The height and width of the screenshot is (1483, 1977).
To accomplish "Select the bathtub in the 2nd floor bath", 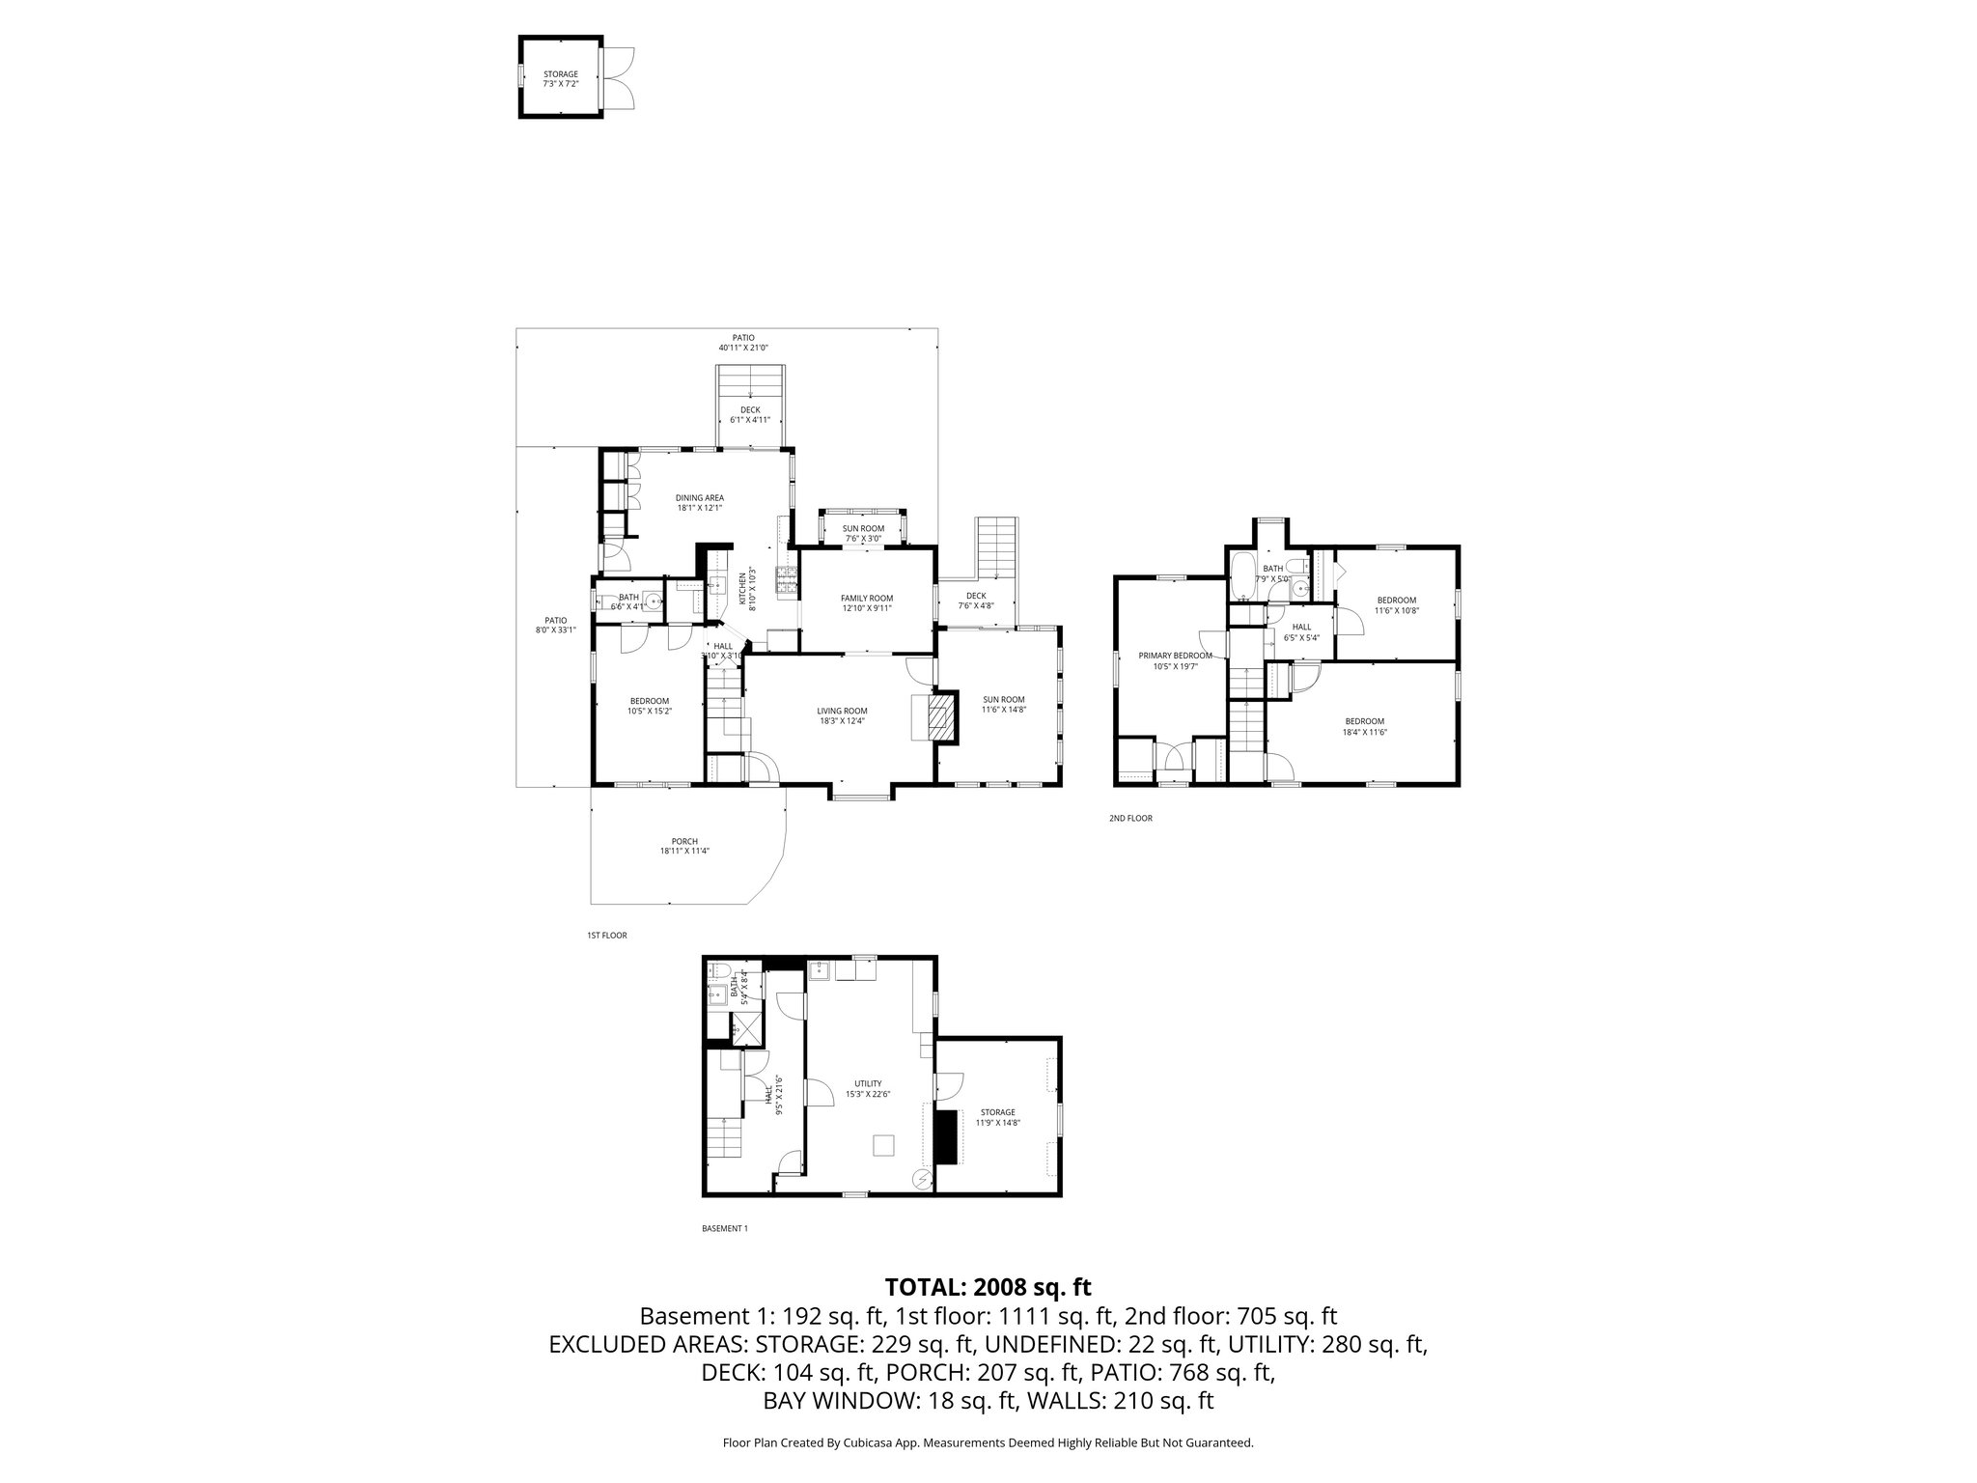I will coord(1242,575).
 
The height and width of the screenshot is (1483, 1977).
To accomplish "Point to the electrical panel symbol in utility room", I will coord(922,1179).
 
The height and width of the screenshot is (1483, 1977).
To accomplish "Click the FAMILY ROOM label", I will coord(867,598).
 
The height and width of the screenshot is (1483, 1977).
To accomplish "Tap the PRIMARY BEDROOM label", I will coord(1174,656).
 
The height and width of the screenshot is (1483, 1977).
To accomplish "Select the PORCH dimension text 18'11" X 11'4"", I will coord(685,851).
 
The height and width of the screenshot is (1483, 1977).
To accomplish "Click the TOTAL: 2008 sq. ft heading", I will coord(988,1287).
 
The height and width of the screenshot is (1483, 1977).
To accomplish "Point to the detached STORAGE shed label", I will coord(560,74).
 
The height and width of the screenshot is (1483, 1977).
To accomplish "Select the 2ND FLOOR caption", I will coord(1130,818).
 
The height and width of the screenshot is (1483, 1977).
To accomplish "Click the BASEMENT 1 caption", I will coord(724,1228).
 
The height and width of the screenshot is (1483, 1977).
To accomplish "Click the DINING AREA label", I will coord(699,497).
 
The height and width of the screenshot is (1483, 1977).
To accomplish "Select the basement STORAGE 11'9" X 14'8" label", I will coord(997,1112).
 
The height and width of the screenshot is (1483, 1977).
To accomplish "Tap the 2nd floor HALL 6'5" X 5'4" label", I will coord(1300,627).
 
